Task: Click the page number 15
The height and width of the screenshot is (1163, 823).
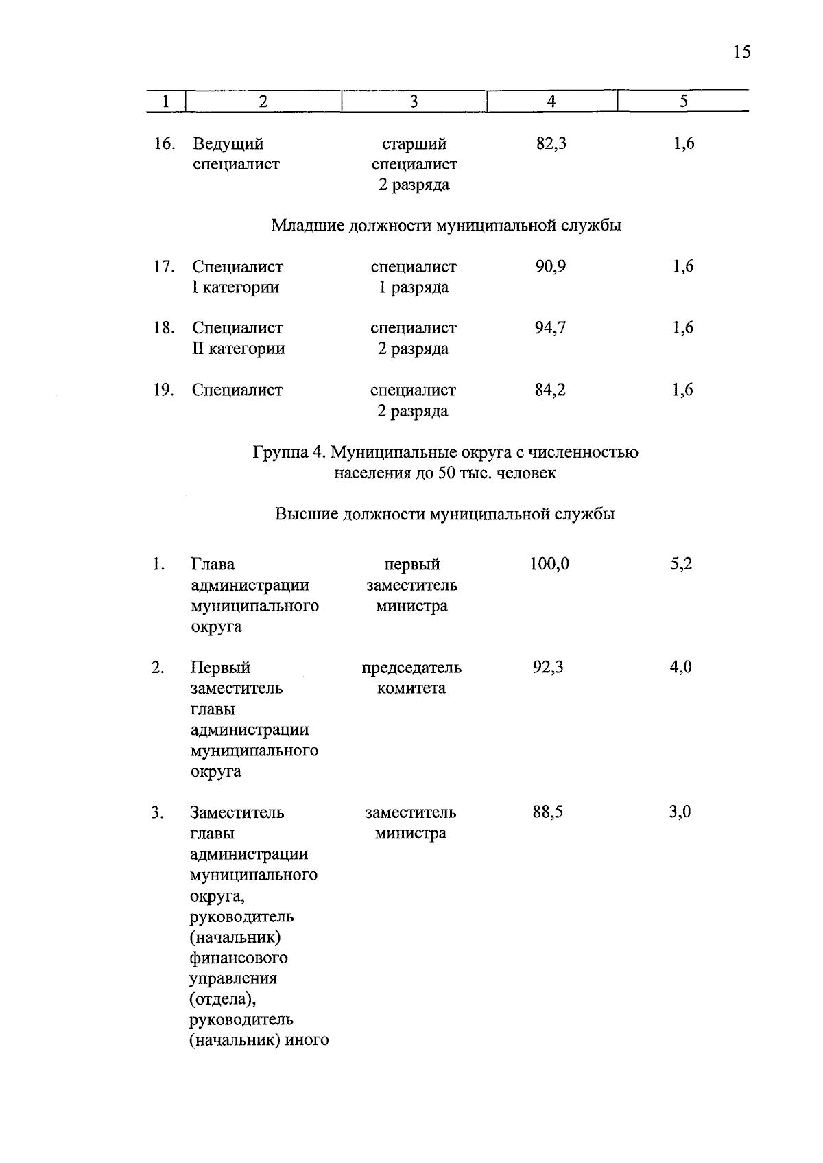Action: tap(741, 52)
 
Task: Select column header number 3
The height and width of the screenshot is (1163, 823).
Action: tap(414, 102)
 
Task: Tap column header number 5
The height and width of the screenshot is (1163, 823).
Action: tap(683, 102)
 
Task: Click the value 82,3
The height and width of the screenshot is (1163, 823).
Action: tap(551, 143)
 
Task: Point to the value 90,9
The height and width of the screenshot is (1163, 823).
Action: tap(550, 266)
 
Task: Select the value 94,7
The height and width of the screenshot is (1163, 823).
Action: tap(550, 328)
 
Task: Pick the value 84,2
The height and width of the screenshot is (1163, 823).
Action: tap(550, 390)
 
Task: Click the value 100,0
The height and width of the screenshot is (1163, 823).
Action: tap(549, 564)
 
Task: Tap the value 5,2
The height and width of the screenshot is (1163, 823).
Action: tap(681, 564)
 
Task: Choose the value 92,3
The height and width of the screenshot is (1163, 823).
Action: tap(549, 667)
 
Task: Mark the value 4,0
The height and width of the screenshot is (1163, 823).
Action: tap(680, 667)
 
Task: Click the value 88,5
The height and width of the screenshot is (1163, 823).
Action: tap(548, 812)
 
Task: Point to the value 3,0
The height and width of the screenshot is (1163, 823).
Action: tap(680, 812)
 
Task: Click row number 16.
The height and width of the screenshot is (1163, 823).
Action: tap(164, 143)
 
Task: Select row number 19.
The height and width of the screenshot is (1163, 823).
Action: tap(163, 390)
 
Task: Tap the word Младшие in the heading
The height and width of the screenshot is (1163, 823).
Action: tap(307, 225)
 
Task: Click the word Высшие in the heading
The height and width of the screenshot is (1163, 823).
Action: tap(306, 514)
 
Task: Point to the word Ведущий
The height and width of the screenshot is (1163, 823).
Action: tap(228, 143)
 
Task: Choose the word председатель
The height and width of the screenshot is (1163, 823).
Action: tap(411, 667)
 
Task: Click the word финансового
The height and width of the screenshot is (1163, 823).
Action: tap(239, 957)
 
